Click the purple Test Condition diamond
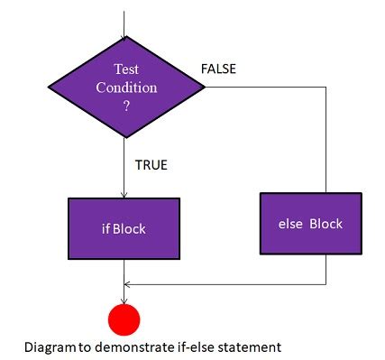[123, 88]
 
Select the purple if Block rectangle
[123, 228]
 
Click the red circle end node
[124, 319]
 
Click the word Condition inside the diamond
[124, 88]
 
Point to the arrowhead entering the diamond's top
[123, 32]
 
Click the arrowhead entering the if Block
[123, 194]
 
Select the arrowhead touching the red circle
[124, 300]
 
